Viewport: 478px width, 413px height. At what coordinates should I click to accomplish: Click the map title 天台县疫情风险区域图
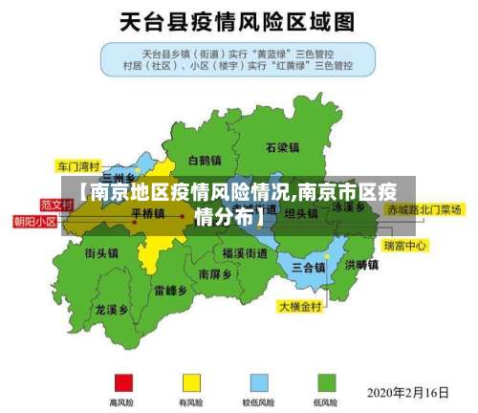[x=238, y=20]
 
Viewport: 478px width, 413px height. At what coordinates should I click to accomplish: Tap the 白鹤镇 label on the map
[x=205, y=160]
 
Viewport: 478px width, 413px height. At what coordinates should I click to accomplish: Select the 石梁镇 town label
[x=283, y=147]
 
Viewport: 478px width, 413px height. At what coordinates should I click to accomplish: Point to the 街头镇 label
[x=101, y=253]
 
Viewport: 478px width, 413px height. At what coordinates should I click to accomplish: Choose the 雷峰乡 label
[x=170, y=289]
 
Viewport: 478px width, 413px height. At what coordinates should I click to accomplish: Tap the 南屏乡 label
[x=213, y=273]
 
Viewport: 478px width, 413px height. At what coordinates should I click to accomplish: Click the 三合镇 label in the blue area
[x=308, y=267]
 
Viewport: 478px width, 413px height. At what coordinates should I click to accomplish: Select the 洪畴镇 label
[x=361, y=264]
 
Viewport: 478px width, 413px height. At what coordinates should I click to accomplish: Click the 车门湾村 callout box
[x=78, y=164]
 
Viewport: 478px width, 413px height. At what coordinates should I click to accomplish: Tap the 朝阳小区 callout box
[x=34, y=221]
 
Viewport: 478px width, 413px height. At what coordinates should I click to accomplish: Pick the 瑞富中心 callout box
[x=404, y=246]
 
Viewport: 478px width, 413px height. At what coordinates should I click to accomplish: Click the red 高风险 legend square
[x=122, y=381]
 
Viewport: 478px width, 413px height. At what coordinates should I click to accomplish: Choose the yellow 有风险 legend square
[x=191, y=381]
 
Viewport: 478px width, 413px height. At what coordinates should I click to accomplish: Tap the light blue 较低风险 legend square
[x=258, y=381]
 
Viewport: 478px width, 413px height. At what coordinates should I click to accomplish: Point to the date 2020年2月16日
[x=408, y=391]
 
